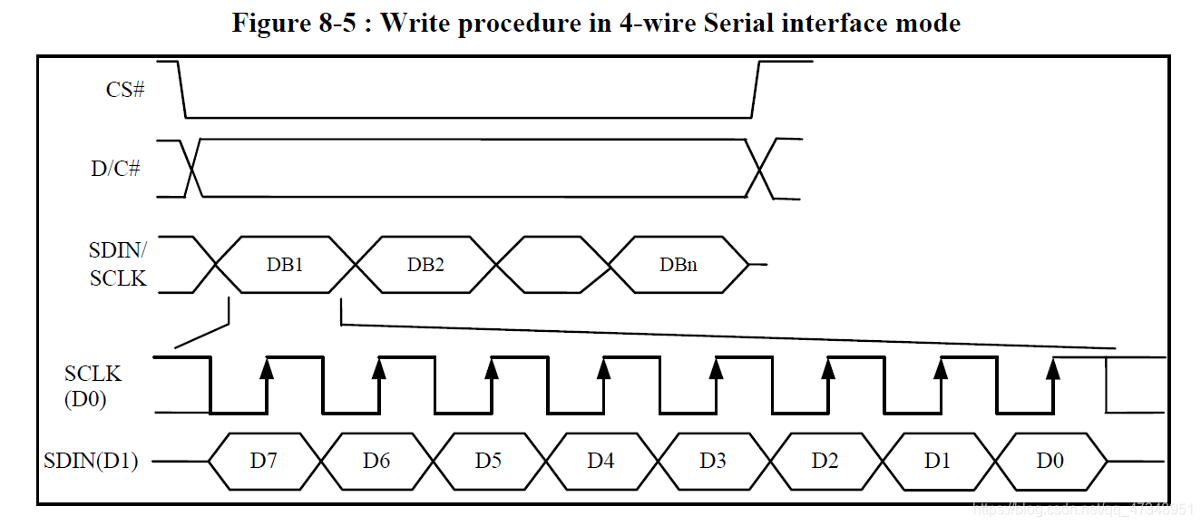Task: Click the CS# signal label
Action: [x=124, y=90]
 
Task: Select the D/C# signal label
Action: [x=116, y=168]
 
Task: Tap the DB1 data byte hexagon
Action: [x=285, y=265]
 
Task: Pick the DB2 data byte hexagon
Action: [x=425, y=265]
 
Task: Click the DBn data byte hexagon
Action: [x=679, y=265]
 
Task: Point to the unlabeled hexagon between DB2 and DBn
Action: [x=552, y=265]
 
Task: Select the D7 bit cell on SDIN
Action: [x=264, y=461]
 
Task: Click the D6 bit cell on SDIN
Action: [x=376, y=461]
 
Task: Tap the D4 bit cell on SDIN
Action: [x=600, y=461]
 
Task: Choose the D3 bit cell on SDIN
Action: [x=713, y=461]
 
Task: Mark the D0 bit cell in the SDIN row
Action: [x=1050, y=461]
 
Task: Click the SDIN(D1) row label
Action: [x=91, y=461]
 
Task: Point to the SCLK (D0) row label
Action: [x=92, y=385]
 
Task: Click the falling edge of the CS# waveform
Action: [x=181, y=90]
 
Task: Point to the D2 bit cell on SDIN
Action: [x=825, y=461]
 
